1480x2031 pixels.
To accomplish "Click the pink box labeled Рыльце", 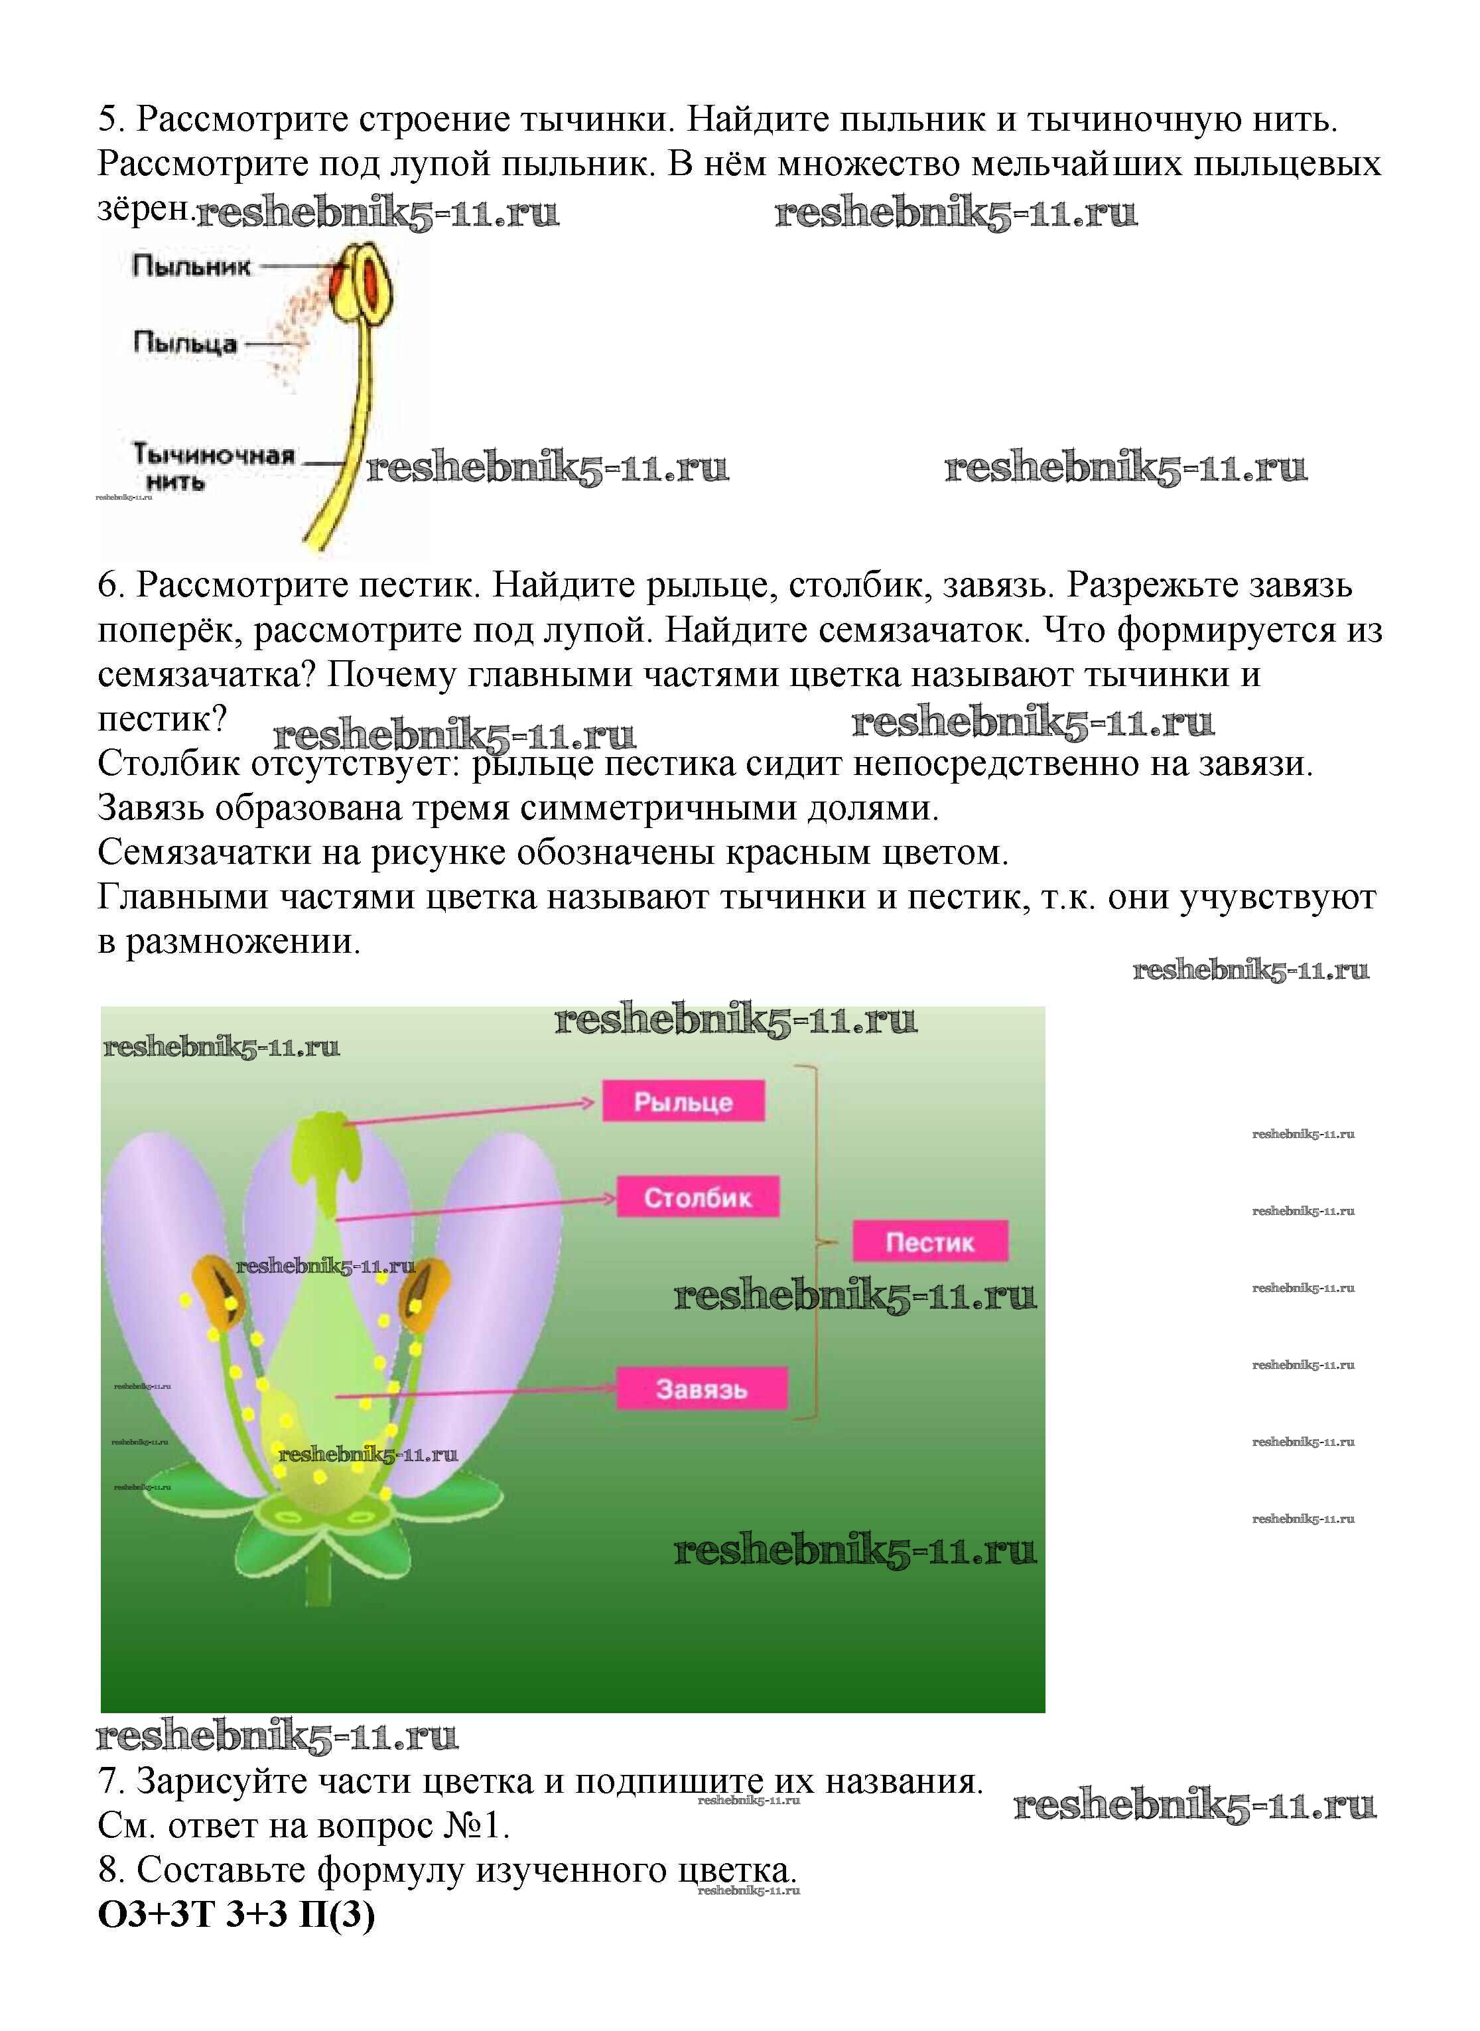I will click(x=683, y=1101).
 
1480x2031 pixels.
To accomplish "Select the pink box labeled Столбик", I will click(x=697, y=1197).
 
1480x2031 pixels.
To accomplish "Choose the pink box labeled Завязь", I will click(x=701, y=1389).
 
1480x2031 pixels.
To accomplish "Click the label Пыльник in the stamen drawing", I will click(x=192, y=266).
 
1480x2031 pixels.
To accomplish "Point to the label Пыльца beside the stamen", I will click(x=186, y=342).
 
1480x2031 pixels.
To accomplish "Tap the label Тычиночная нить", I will click(x=213, y=466).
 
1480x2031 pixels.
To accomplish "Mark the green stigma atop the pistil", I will click(x=320, y=1143).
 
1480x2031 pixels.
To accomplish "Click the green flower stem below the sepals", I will click(x=319, y=1590).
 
